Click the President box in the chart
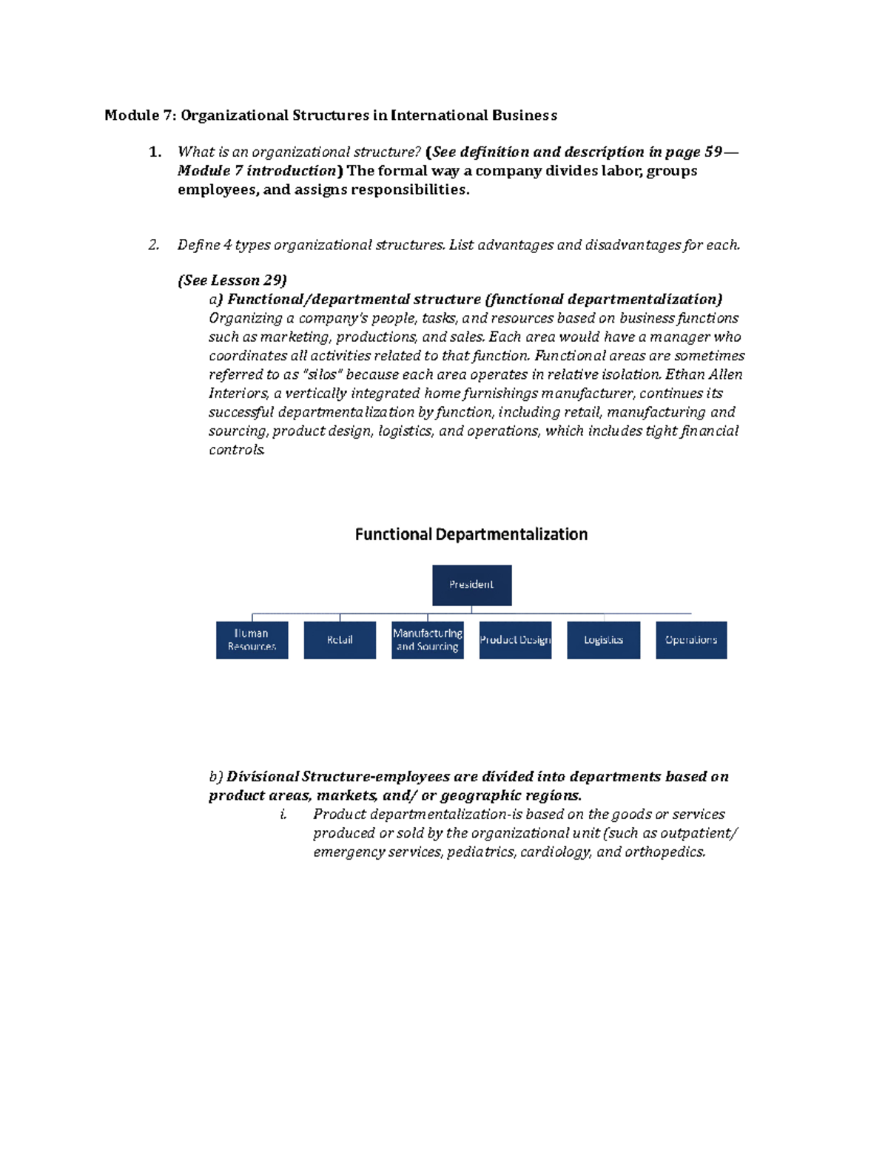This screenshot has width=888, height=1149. coord(471,584)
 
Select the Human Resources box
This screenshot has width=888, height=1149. coord(252,640)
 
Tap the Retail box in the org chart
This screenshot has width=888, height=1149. coord(340,640)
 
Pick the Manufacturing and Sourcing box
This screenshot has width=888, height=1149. coord(427,640)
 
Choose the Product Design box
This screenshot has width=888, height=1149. coord(515,640)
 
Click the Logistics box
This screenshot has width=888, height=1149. coord(603,640)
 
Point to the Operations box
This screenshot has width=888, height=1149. coord(691,640)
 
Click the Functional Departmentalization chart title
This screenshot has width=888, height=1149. coord(471,534)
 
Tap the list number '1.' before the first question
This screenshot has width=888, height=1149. coord(155,152)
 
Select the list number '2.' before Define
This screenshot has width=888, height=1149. coord(154,245)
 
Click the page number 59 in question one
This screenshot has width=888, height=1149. coord(713,152)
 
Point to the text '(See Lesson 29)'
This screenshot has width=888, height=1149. coord(232,280)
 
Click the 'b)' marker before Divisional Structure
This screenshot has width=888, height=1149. coord(215,777)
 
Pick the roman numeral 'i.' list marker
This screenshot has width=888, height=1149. coord(283,815)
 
